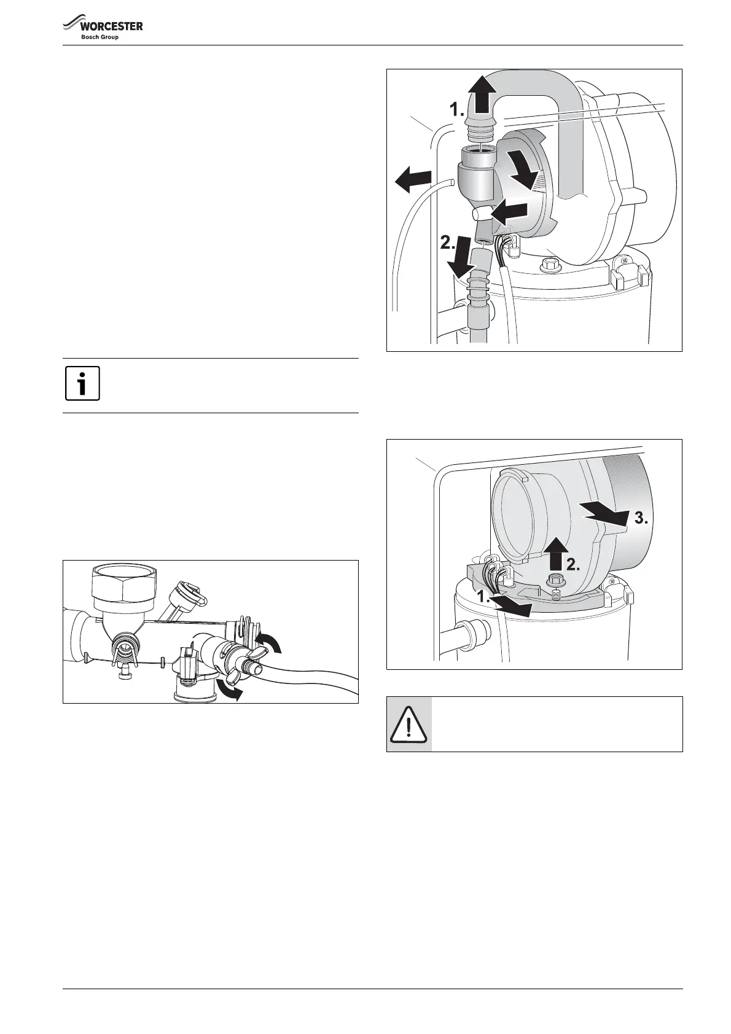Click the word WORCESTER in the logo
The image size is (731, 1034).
click(111, 26)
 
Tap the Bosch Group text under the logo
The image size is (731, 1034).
click(100, 37)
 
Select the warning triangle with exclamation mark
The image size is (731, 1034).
click(408, 725)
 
